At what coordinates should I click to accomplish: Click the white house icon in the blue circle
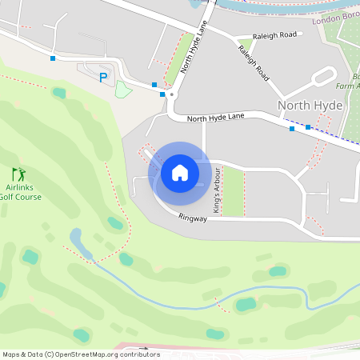(180, 172)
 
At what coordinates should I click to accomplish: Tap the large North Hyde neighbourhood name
(310, 105)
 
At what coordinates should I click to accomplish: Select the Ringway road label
(193, 217)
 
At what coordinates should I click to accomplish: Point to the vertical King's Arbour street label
(216, 190)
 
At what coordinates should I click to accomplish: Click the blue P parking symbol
(102, 78)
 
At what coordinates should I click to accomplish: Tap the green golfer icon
(18, 174)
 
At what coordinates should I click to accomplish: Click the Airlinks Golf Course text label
(16, 191)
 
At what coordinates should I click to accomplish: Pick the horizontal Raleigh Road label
(274, 35)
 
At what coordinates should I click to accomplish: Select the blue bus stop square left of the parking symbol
(53, 58)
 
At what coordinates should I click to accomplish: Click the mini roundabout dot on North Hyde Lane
(171, 94)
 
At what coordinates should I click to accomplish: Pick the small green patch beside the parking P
(122, 89)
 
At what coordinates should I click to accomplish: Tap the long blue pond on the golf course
(78, 238)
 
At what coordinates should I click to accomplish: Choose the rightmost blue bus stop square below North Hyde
(308, 126)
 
